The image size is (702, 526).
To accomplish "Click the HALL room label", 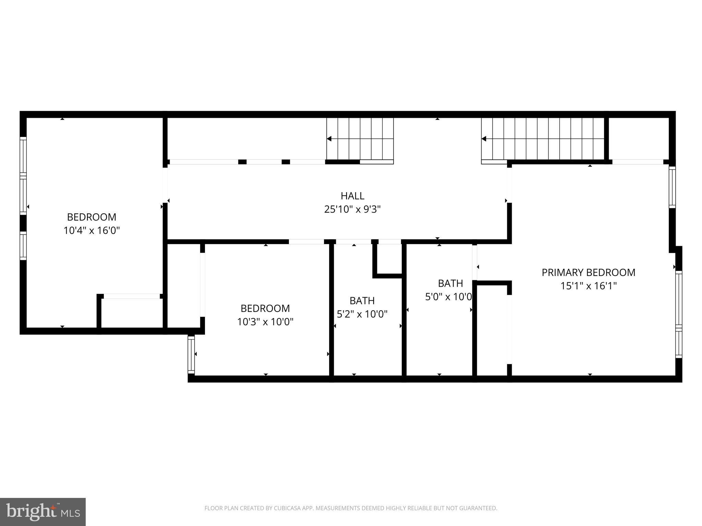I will pos(352,196).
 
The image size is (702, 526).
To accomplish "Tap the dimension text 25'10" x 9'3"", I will pos(352,209).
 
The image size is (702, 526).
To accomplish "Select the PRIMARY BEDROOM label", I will pos(588,273).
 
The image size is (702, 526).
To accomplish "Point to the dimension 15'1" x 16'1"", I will pos(588,286).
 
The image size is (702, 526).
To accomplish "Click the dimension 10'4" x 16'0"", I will pos(92,230).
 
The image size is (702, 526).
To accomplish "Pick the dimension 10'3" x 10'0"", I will pos(265,322).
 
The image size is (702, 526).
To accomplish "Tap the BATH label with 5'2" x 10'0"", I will pos(362,301).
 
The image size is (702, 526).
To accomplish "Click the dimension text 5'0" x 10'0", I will pos(448,297).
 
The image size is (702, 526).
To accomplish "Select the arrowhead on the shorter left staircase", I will pos(329,139).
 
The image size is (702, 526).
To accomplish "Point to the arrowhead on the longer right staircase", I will pos(484,139).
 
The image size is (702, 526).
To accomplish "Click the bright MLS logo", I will pos(43,512).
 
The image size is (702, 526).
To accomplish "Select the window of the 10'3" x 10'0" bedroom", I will pos(191,354).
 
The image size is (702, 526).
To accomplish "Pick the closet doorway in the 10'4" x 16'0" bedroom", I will pos(132,296).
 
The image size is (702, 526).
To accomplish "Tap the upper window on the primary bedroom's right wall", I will pos(672,187).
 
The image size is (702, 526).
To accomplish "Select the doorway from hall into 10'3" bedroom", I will pos(306,242).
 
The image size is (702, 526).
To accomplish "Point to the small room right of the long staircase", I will pos(639,138).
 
